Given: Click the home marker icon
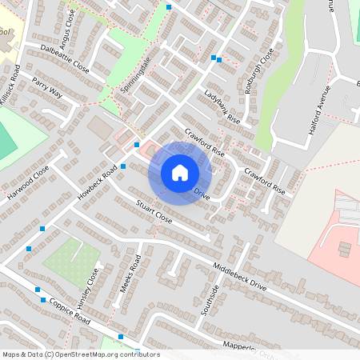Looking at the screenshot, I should [x=180, y=173].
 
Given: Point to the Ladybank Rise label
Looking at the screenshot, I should [x=222, y=106].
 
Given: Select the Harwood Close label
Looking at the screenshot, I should [x=28, y=183].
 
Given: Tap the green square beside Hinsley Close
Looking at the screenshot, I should [x=70, y=262].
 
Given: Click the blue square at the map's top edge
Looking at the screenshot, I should [x=169, y=6].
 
